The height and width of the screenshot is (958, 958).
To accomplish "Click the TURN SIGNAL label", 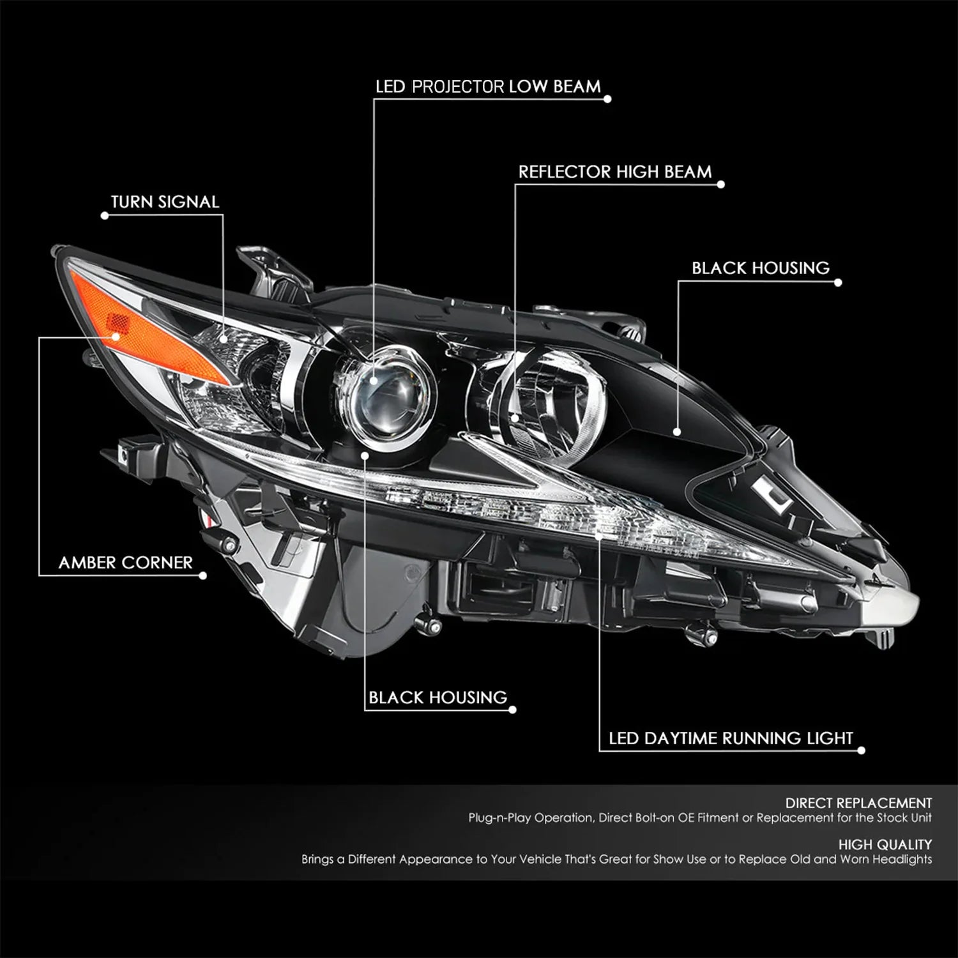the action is (x=165, y=202).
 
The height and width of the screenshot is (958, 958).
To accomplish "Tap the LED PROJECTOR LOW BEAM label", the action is (x=488, y=86).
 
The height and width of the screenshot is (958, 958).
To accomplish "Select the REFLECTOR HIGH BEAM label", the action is (x=614, y=172).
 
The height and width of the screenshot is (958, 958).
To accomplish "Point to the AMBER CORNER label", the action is (x=125, y=563).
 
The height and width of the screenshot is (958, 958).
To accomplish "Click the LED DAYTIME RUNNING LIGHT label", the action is (x=731, y=738).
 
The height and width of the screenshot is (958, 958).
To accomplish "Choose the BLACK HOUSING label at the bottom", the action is (x=437, y=697).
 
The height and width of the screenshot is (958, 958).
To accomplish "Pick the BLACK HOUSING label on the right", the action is (x=761, y=268).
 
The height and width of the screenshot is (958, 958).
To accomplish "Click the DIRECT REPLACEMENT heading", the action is (x=858, y=803).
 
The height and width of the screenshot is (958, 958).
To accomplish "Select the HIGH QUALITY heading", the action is (x=885, y=844).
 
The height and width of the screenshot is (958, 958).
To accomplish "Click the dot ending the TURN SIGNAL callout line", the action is (x=105, y=216).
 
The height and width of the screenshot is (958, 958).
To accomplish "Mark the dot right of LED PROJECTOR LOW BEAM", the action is (x=607, y=99).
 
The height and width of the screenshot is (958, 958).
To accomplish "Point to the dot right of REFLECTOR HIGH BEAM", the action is (x=721, y=185).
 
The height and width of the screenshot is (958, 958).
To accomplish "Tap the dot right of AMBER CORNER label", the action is (x=203, y=575).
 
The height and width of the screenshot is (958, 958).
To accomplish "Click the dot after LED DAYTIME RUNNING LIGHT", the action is (x=862, y=751).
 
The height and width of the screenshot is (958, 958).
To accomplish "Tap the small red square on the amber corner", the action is (x=116, y=323).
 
